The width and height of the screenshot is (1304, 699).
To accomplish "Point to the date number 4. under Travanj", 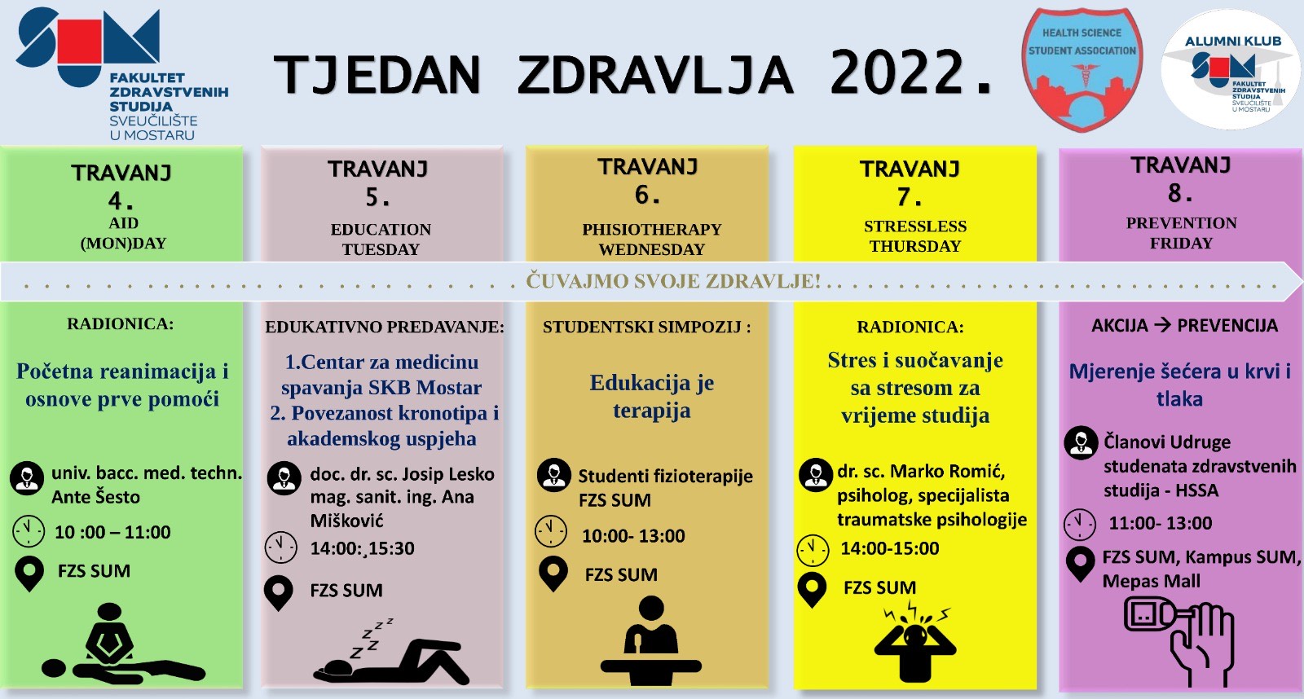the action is coord(121,200).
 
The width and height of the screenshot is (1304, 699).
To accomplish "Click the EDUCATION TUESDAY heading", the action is coord(381,240).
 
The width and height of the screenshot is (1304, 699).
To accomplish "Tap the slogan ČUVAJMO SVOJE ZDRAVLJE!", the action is coord(673,281).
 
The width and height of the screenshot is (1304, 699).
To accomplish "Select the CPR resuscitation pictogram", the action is coord(123,643).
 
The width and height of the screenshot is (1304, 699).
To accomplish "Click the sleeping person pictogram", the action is coord(391,652).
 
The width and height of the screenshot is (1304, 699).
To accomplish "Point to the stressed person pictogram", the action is coord(915,643).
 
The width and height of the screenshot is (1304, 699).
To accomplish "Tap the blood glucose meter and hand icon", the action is coord(1179,641).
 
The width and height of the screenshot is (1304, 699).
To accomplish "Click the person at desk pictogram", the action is coord(650,640).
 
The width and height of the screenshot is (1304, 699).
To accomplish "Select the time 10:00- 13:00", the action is coord(633,536).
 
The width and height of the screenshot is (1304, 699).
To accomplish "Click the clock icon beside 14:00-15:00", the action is coord(813,550).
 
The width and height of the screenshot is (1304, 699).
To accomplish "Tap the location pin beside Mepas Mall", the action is coord(1081,565).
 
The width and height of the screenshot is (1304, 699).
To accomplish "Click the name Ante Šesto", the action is coord(96,497).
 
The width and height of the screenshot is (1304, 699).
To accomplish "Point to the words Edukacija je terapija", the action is coord(651,397).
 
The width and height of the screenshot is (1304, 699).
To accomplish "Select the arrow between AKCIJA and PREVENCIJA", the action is coord(1162,325).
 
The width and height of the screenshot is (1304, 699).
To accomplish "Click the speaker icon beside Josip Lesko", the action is coord(284,478).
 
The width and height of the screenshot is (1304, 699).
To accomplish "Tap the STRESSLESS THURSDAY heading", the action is coord(915,236).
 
